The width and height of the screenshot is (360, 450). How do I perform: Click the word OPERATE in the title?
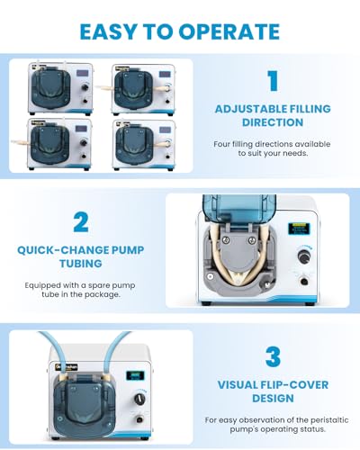(229, 31)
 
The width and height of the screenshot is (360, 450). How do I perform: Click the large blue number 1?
(273, 80)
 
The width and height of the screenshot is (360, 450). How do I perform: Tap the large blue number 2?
(81, 222)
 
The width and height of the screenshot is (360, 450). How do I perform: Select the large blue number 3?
(273, 356)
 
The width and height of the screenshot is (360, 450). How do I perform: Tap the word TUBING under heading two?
(81, 264)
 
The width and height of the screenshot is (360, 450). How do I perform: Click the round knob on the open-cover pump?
(304, 257)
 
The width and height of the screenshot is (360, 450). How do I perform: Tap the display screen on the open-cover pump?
(299, 229)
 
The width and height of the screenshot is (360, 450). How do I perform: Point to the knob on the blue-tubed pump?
(139, 399)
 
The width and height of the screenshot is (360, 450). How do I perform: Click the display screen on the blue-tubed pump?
(135, 375)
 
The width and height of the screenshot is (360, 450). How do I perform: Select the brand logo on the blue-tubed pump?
(67, 366)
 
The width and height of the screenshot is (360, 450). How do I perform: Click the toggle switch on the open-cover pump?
(304, 282)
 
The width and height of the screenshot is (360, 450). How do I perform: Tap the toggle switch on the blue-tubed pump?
(139, 418)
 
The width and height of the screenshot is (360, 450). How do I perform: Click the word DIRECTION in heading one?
(273, 122)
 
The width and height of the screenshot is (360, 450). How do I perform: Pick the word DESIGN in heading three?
(273, 399)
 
